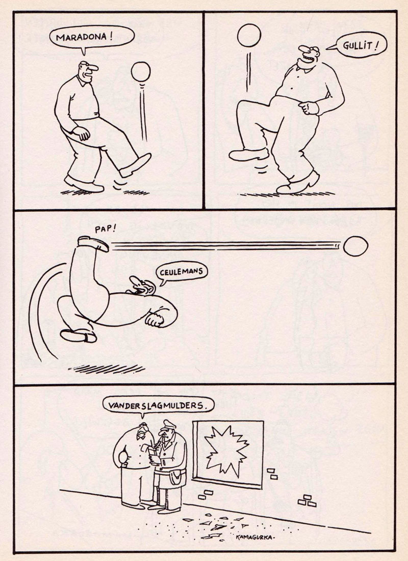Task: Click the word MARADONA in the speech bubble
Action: pyautogui.click(x=82, y=37)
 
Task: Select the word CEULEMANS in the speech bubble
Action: pyautogui.click(x=182, y=272)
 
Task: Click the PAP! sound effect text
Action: pyautogui.click(x=106, y=229)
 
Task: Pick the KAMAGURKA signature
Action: pyautogui.click(x=254, y=538)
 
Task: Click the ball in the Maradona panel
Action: pyautogui.click(x=141, y=72)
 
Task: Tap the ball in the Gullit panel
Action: pyautogui.click(x=249, y=35)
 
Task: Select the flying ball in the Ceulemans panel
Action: pyautogui.click(x=355, y=246)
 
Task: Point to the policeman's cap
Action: pyautogui.click(x=168, y=425)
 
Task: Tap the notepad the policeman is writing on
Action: pyautogui.click(x=152, y=457)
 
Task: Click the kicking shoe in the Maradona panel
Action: pyautogui.click(x=136, y=165)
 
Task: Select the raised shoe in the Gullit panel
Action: pyautogui.click(x=248, y=154)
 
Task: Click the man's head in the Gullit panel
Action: pyautogui.click(x=309, y=55)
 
